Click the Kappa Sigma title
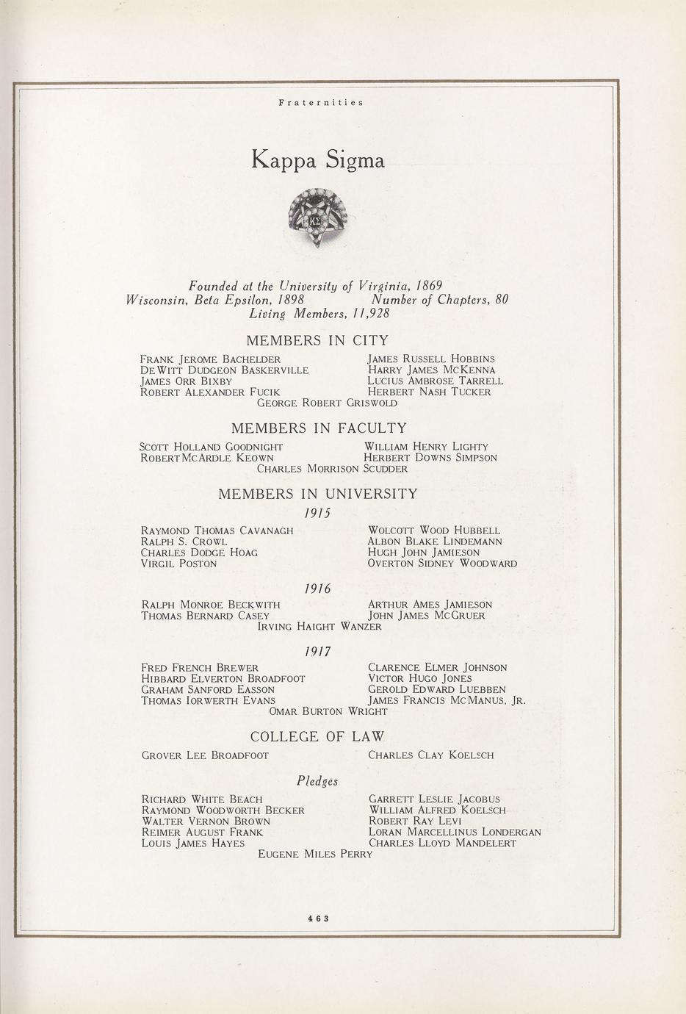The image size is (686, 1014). (318, 160)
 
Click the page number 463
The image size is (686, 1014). (318, 917)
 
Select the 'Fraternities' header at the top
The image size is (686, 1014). (321, 103)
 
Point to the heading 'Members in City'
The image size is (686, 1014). (317, 340)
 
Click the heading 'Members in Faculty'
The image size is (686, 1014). (319, 428)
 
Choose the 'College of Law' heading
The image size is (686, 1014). (317, 736)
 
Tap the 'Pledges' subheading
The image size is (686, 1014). (317, 781)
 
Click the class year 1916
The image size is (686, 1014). (317, 589)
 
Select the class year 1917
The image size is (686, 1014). (317, 651)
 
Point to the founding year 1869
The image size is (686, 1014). (429, 285)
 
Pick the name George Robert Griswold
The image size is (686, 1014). (327, 403)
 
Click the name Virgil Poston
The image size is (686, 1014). (179, 564)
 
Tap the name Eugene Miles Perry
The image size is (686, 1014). (315, 854)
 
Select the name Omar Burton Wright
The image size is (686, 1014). (328, 711)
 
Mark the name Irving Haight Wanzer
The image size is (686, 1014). (319, 627)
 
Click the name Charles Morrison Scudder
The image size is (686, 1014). (332, 468)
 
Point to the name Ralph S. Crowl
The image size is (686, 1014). (184, 542)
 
